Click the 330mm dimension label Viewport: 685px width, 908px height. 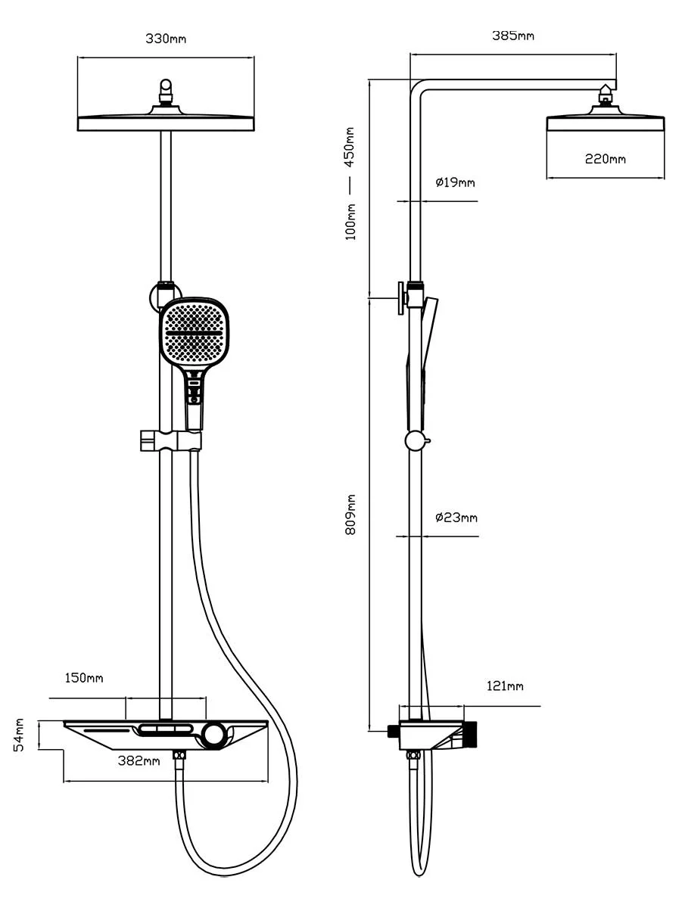(x=165, y=39)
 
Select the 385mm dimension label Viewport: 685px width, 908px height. (x=513, y=36)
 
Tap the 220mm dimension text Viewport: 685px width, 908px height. (x=605, y=159)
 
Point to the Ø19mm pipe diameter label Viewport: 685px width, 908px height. (x=455, y=182)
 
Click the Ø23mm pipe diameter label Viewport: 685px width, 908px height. (x=456, y=518)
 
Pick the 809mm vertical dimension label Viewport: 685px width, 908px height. (x=350, y=515)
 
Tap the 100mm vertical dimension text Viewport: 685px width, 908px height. (x=350, y=219)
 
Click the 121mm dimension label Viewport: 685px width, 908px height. (x=504, y=686)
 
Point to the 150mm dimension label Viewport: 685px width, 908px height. (x=84, y=678)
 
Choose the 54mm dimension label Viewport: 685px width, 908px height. (x=20, y=735)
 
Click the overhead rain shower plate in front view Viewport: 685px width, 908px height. (x=166, y=123)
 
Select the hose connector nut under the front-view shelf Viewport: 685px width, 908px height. (x=179, y=756)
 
